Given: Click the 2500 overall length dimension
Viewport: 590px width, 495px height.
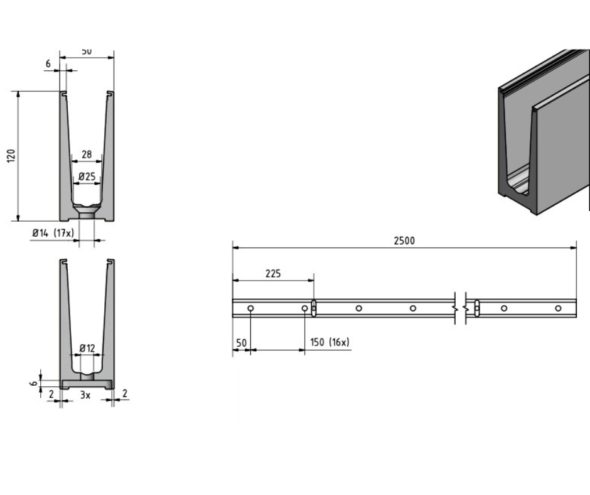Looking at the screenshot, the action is click(405, 240).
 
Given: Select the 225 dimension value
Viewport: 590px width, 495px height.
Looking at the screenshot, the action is click(273, 273).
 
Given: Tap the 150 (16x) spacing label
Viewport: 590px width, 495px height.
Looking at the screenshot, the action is click(330, 342).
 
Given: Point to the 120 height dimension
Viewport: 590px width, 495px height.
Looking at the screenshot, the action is click(11, 156).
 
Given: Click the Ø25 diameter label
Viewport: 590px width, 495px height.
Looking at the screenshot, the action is click(87, 177).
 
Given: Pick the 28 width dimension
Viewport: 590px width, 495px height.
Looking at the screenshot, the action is click(87, 155).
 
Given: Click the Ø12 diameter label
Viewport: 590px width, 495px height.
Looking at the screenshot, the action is click(87, 348).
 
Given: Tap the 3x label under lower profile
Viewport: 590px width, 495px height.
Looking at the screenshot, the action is click(85, 395).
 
